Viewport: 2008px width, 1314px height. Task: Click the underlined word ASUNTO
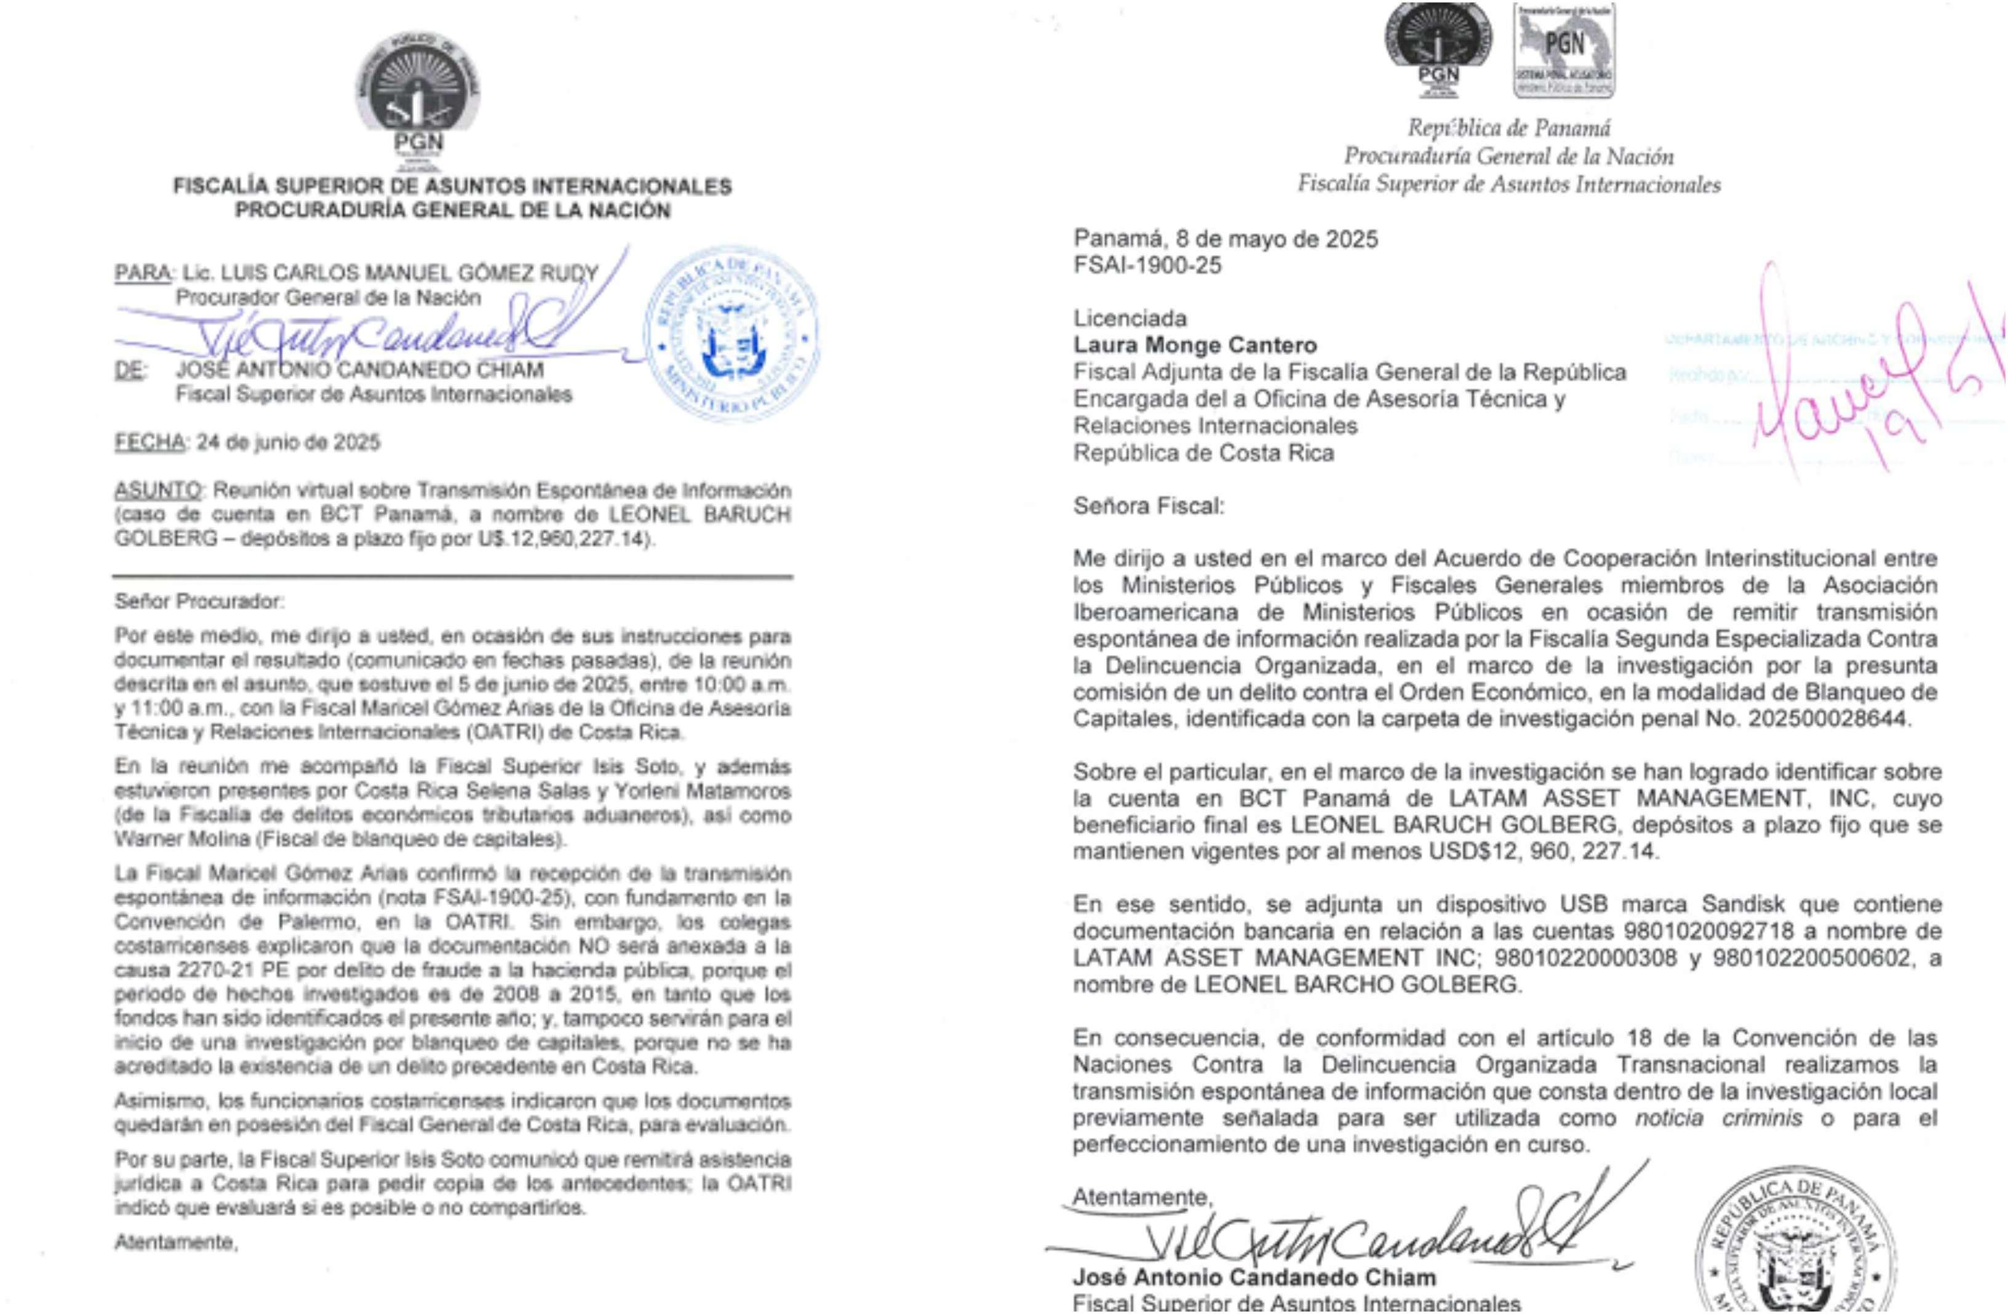(157, 490)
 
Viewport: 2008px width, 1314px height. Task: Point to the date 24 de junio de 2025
(288, 442)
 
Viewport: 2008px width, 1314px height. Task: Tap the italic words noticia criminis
(1718, 1118)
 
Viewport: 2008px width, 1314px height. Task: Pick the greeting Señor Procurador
(200, 602)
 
